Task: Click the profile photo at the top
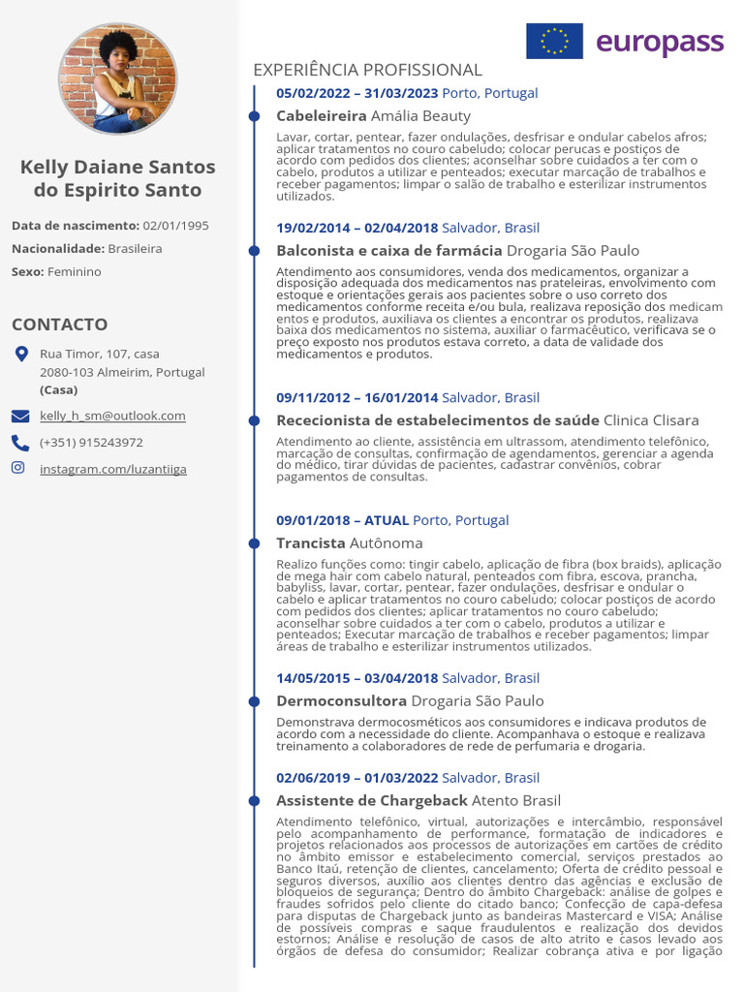[x=117, y=78]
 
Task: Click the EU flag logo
[x=554, y=41]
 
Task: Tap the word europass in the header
[x=660, y=42]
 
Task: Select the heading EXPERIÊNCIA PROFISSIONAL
[x=367, y=70]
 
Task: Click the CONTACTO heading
[x=60, y=324]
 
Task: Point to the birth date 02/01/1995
[x=175, y=226]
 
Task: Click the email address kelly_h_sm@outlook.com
[x=112, y=416]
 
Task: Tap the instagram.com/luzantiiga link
[x=113, y=469]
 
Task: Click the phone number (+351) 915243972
[x=91, y=443]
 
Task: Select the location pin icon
[x=21, y=355]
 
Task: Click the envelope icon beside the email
[x=20, y=417]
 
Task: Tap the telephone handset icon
[x=20, y=443]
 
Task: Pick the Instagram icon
[x=18, y=468]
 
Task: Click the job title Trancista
[x=310, y=542]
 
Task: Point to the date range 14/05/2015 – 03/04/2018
[x=357, y=678]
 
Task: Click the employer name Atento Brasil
[x=515, y=800]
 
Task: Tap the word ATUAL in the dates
[x=387, y=520]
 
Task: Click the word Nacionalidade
[x=57, y=249]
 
